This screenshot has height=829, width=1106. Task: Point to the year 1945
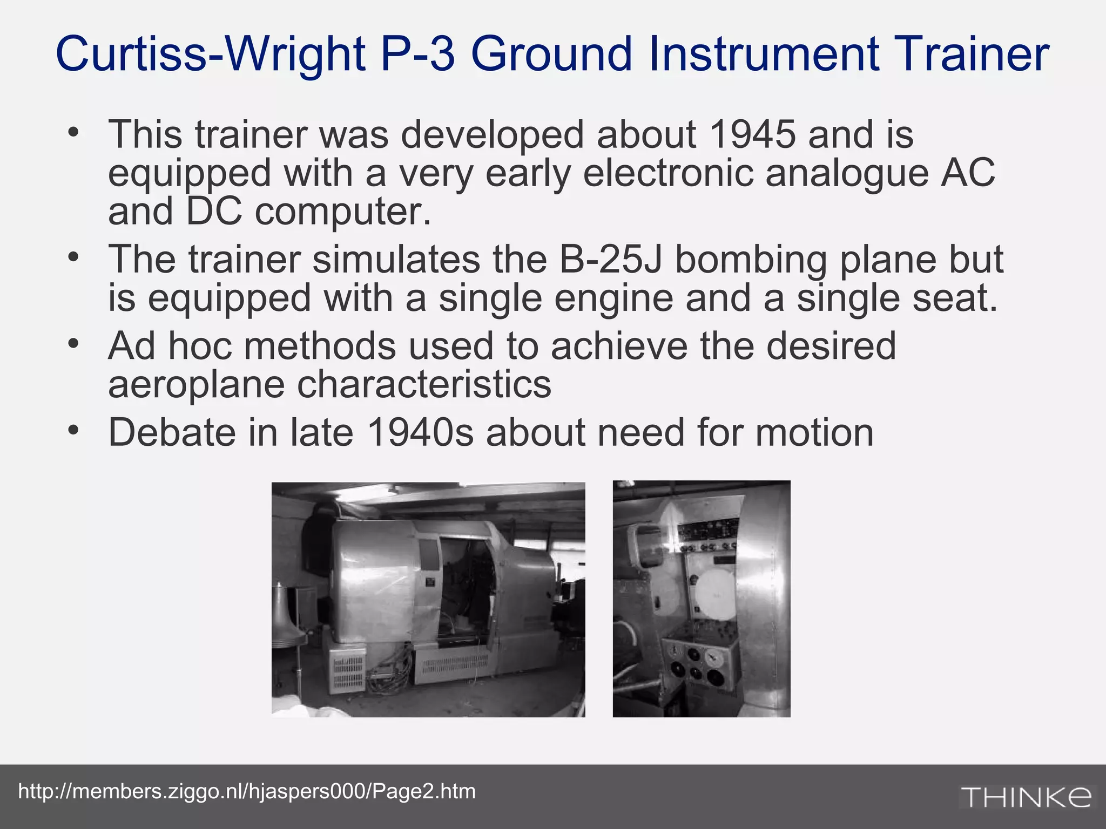(752, 135)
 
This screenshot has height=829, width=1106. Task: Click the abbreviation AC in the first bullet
(967, 173)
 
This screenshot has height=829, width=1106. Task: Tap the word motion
(814, 433)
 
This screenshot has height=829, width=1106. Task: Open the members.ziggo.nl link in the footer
(247, 791)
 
